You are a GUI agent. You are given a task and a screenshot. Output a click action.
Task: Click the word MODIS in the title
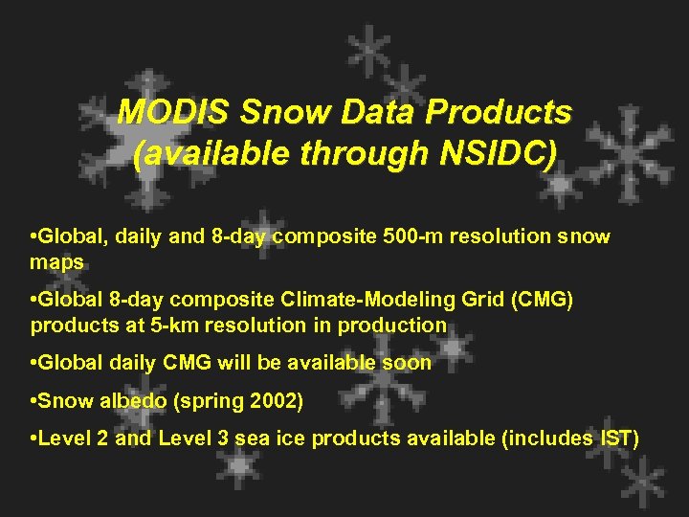(173, 113)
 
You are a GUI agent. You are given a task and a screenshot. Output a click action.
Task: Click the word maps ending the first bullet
(56, 260)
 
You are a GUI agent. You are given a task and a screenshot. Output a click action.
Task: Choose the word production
(396, 325)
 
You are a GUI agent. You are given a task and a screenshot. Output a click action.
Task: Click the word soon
(408, 363)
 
